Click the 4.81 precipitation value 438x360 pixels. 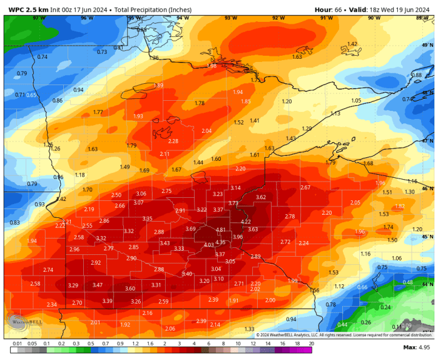pos(220,230)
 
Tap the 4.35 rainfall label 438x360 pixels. pos(220,242)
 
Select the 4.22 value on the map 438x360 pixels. pos(246,222)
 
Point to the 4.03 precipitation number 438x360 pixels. pos(209,245)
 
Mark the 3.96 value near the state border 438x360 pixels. pos(238,237)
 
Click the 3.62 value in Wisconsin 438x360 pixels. pos(261,197)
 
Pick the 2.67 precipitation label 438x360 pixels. pos(305,188)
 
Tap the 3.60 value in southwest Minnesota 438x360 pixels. pos(130,289)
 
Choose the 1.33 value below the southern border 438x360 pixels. pos(250,329)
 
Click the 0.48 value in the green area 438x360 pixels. pos(408,282)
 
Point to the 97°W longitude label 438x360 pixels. pos(39,18)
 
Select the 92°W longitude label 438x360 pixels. pos(278,18)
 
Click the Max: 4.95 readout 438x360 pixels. pos(415,347)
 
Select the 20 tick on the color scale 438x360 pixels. pos(311,344)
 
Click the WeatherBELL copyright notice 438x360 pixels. pos(344,335)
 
